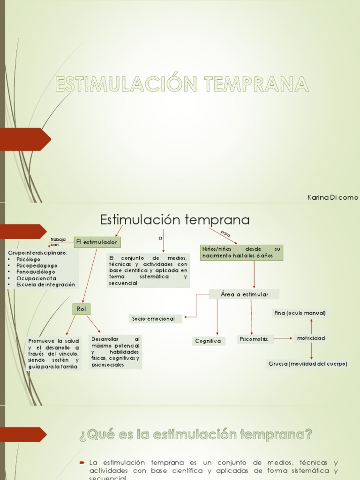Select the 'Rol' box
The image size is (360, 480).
click(81, 309)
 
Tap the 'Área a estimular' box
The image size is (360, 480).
click(244, 294)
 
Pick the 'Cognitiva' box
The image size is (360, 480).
click(209, 341)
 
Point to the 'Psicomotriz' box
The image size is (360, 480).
click(254, 339)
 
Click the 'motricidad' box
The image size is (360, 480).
click(310, 338)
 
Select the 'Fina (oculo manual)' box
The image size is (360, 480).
click(300, 313)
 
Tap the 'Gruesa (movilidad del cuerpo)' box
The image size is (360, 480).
click(308, 364)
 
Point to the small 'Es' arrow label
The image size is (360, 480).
click(160, 238)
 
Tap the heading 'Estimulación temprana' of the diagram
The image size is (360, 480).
click(175, 219)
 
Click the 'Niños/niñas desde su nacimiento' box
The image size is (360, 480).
click(241, 253)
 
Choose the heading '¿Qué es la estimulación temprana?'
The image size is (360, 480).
click(195, 435)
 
